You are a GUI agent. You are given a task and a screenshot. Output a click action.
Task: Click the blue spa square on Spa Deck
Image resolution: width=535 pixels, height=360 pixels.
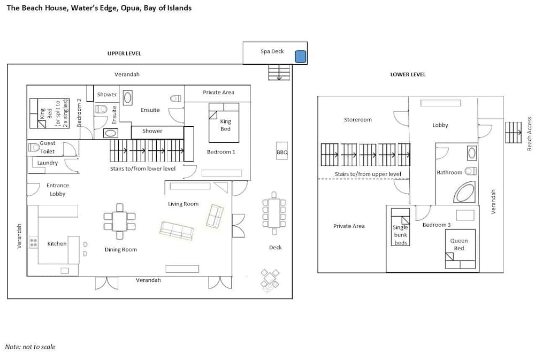[x=301, y=56]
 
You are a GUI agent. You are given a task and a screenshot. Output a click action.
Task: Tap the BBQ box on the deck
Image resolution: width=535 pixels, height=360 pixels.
[x=282, y=152]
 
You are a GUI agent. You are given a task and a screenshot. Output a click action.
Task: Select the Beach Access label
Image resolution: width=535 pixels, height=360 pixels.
[x=529, y=133]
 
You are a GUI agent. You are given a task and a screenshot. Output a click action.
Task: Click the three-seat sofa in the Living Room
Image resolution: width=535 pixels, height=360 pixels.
[x=177, y=231]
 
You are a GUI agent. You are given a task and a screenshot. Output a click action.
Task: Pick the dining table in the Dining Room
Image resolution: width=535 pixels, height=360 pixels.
[x=119, y=221]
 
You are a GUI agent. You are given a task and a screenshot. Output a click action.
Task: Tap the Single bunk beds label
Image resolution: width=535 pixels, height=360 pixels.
[x=400, y=235]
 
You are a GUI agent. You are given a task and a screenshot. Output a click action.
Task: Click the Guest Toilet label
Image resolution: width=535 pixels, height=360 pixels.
[x=47, y=147]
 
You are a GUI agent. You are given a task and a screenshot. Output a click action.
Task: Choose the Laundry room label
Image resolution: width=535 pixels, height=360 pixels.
[x=48, y=163]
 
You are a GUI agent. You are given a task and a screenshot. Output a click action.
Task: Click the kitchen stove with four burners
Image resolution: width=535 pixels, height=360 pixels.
[x=33, y=242]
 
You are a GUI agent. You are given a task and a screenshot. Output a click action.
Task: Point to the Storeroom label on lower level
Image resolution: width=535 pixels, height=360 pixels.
[x=357, y=120]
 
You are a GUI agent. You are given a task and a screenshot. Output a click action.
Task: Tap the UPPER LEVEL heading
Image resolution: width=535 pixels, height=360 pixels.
[x=124, y=53]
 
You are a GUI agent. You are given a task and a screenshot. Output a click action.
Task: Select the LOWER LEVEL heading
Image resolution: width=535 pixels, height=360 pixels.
[x=408, y=74]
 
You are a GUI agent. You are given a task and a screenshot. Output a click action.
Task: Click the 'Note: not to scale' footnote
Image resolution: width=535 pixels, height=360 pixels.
[x=30, y=347]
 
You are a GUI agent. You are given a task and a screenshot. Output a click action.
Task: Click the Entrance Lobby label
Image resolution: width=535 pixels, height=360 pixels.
[x=57, y=189]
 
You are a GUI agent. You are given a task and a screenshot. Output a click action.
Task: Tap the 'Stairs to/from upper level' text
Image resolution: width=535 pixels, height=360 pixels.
[x=368, y=174]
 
